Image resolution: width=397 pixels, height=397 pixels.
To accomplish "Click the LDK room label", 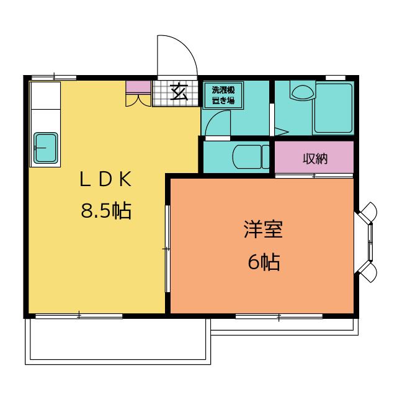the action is [105, 179].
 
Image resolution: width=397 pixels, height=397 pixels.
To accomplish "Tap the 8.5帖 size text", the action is [106, 211].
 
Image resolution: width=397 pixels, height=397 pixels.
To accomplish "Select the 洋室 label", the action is [263, 230].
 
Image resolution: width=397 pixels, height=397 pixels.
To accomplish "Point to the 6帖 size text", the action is [264, 262].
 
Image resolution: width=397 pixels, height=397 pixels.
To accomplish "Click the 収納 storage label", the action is [315, 159].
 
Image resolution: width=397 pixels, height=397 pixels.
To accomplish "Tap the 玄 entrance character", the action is [179, 92].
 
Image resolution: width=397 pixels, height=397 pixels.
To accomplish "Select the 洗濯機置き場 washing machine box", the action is [223, 96].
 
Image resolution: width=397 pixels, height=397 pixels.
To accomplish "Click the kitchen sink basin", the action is [45, 148].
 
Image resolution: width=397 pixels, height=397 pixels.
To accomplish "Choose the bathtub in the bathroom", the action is [333, 108].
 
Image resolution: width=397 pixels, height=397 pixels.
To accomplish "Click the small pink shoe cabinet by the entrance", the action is [138, 87].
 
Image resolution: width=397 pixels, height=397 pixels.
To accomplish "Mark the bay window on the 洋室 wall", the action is [366, 242].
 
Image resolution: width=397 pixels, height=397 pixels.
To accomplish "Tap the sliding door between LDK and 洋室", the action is [167, 249].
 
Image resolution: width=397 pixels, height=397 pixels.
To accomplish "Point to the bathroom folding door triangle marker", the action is [282, 132].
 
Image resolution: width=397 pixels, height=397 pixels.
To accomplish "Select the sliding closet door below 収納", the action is [314, 176].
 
